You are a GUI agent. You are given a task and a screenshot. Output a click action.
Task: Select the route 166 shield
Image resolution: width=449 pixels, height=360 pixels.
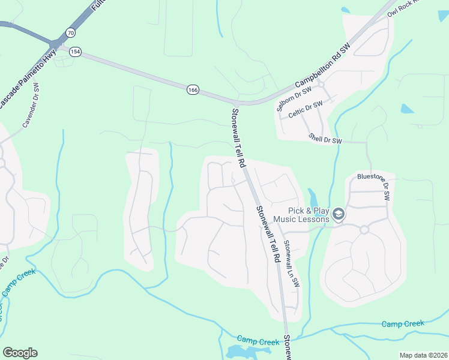(x=192, y=89)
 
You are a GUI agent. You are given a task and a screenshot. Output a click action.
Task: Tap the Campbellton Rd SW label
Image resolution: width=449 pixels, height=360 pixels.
(x=322, y=67)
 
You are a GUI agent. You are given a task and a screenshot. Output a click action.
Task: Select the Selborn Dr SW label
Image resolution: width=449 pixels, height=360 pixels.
(x=294, y=98)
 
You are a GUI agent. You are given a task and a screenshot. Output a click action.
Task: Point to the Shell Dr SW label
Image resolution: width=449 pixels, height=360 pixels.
(x=325, y=138)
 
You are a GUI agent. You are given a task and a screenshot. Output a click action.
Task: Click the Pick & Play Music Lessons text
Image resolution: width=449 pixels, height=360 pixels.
(x=301, y=215)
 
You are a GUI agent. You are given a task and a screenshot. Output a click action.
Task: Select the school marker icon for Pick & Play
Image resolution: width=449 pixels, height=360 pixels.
(x=339, y=214)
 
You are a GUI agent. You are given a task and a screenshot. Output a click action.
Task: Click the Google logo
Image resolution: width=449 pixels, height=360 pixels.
(x=20, y=353)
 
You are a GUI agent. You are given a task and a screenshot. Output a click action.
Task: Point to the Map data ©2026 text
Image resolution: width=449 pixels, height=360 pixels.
(x=423, y=355)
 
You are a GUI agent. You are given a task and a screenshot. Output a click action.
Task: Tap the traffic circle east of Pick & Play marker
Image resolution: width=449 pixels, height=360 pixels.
(x=364, y=230)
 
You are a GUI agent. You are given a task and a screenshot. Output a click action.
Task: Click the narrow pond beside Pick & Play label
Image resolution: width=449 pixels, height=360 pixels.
(x=312, y=197)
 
